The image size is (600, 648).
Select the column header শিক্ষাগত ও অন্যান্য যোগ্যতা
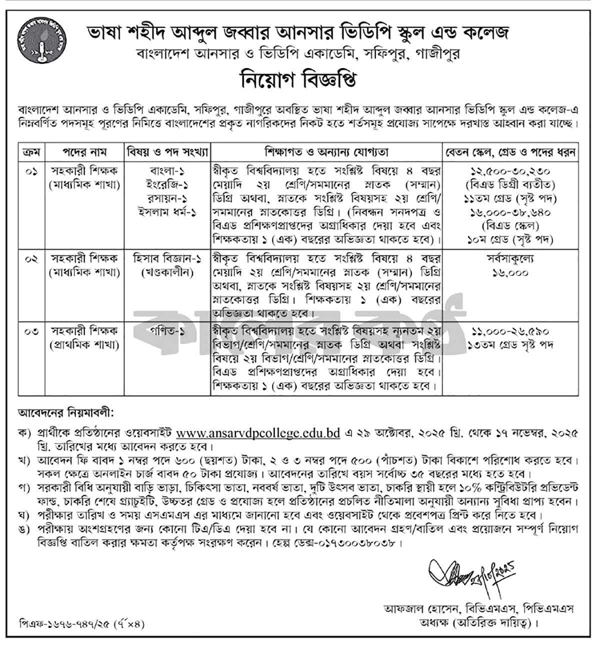(327, 151)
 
